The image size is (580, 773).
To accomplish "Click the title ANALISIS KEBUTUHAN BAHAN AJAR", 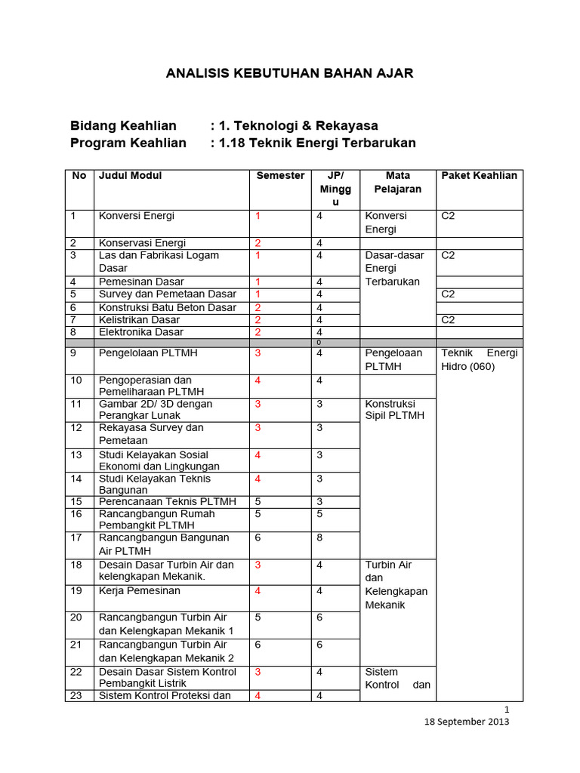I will [289, 73].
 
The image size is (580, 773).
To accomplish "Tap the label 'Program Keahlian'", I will [128, 143].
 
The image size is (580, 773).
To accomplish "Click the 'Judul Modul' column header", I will [130, 176].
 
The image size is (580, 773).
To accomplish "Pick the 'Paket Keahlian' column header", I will [480, 176].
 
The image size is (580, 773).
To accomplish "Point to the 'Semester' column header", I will [280, 176].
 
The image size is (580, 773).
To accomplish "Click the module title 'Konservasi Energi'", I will [142, 243].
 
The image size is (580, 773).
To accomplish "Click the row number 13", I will [76, 454].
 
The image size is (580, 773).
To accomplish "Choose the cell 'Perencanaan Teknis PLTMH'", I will [167, 501].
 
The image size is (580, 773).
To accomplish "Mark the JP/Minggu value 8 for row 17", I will [319, 538].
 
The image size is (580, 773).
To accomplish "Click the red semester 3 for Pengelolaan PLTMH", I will [258, 353].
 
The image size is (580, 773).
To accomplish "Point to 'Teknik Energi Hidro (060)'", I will [480, 359].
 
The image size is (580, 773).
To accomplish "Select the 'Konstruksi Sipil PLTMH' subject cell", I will [394, 409].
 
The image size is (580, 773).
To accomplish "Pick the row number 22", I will [76, 672].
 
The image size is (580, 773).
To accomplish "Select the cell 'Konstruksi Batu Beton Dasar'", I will [167, 307].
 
